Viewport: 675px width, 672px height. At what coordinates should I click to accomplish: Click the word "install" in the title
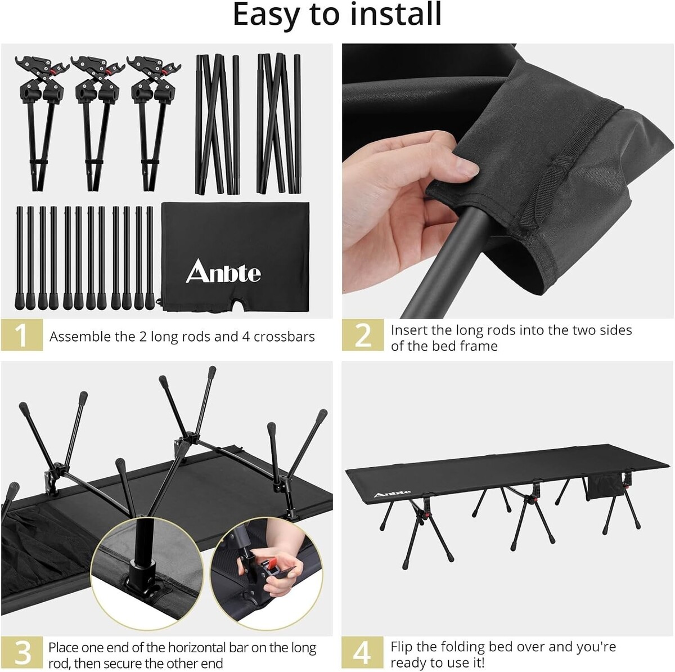click(x=396, y=14)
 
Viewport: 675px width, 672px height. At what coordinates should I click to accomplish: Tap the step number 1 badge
click(x=22, y=335)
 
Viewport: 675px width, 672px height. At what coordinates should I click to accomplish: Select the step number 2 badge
click(x=363, y=335)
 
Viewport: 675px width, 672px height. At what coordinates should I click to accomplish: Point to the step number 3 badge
click(x=22, y=652)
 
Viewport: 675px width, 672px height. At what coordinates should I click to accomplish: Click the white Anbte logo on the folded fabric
click(x=223, y=271)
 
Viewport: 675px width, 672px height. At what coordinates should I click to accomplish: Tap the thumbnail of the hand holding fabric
click(x=508, y=181)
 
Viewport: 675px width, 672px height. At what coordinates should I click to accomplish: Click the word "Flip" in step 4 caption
click(x=402, y=647)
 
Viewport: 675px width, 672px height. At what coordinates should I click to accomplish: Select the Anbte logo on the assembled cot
click(x=392, y=494)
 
